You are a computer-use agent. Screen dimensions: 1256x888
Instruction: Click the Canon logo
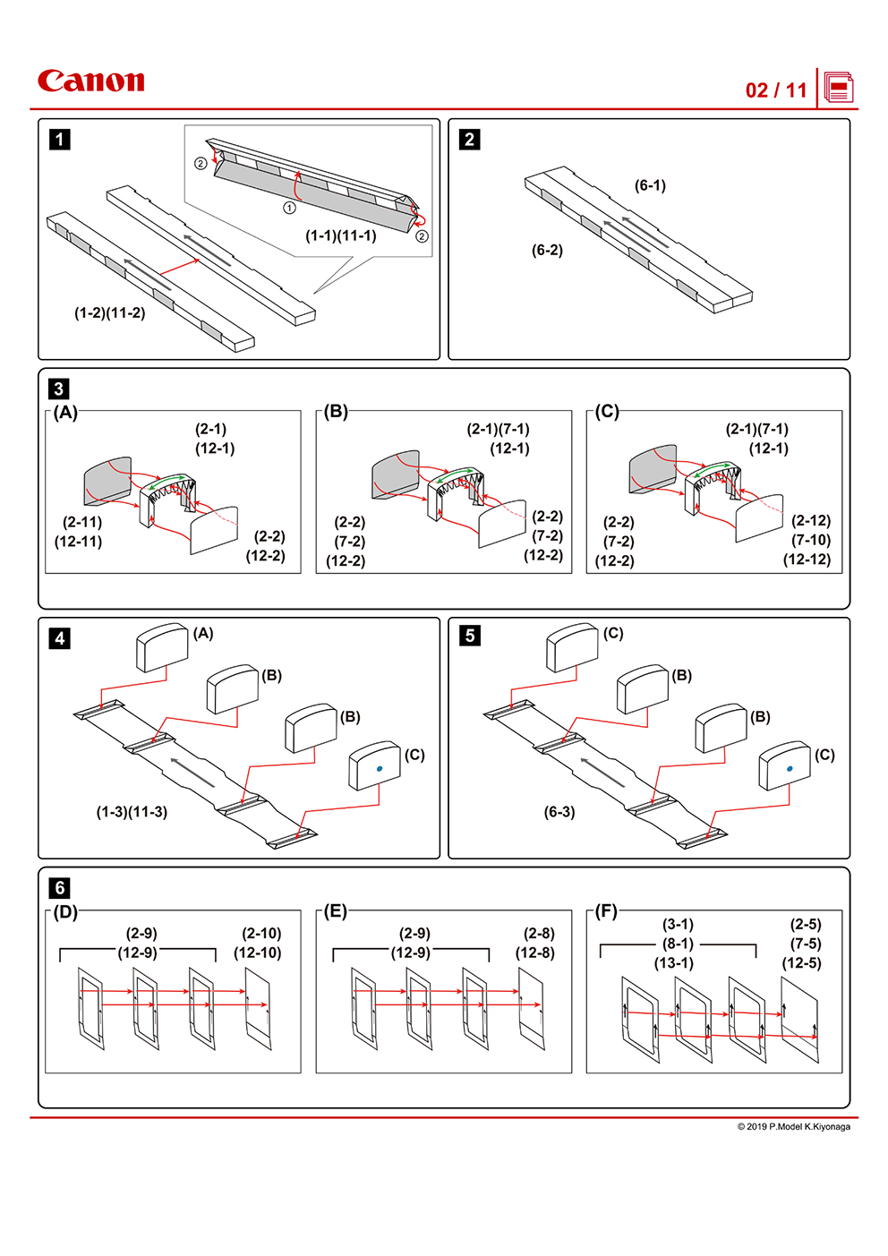point(90,81)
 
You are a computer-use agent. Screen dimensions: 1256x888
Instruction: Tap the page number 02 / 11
point(776,90)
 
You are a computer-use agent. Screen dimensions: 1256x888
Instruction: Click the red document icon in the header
point(839,89)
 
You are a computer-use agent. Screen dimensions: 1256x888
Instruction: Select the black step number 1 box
point(60,140)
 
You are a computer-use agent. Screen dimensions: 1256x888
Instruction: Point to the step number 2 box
point(469,140)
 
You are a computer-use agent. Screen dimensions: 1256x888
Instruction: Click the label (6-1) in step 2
point(650,185)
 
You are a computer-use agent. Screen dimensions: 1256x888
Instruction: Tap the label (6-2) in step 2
point(547,250)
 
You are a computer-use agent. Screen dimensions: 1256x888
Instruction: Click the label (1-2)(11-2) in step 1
point(109,312)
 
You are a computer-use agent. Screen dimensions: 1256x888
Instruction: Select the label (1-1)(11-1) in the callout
point(341,235)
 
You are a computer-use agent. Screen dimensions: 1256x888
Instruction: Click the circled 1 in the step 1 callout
point(289,208)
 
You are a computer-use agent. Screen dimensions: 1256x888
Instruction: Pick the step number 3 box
point(59,389)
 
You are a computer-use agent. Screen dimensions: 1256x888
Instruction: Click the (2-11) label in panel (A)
point(82,522)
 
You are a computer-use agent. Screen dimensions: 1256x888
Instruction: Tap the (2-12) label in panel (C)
point(811,520)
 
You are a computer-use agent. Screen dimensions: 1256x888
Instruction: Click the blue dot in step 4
point(380,768)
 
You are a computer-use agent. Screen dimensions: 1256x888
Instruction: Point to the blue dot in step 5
point(790,768)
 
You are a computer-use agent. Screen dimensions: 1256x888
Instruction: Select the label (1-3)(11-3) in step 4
point(132,812)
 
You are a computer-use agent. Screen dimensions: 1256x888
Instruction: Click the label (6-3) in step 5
point(559,812)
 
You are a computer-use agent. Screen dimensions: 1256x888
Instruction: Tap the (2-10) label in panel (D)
point(261,933)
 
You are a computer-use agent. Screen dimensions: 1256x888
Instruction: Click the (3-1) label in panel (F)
point(678,924)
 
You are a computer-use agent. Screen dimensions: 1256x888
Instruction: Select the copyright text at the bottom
point(793,1126)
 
